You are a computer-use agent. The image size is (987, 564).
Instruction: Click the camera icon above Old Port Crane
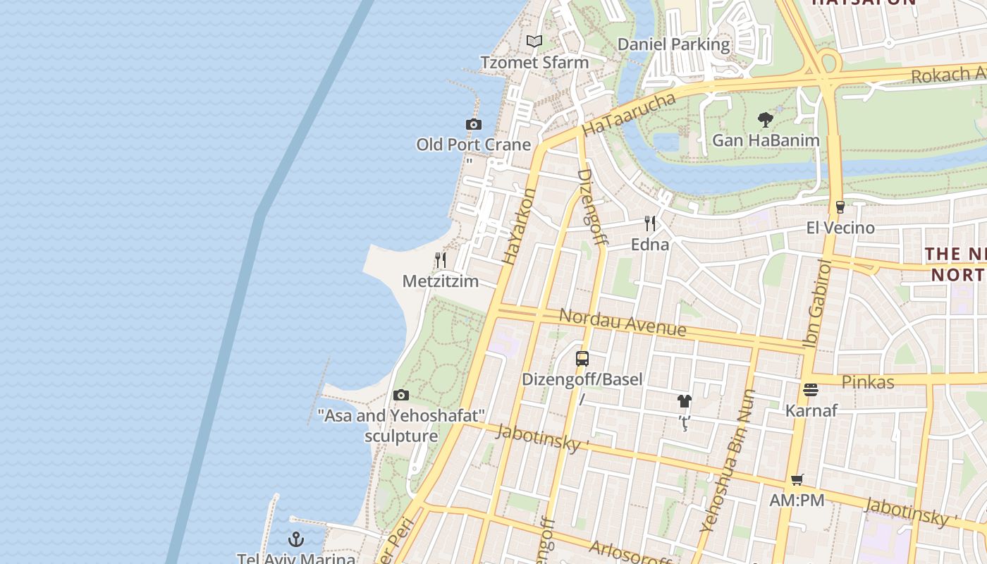(474, 125)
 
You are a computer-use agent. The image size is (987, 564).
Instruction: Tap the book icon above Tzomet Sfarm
(534, 42)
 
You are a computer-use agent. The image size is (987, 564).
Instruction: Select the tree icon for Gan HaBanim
(766, 120)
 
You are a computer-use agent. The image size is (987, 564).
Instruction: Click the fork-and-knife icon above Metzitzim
(441, 260)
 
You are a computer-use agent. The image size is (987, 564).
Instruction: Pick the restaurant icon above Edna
(650, 223)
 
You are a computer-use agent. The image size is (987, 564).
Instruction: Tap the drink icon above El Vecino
(840, 207)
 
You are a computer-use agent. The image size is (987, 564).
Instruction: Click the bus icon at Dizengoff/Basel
(582, 358)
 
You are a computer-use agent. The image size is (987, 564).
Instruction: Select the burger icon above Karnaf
(811, 390)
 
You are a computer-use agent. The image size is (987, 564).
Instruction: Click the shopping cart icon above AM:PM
(797, 480)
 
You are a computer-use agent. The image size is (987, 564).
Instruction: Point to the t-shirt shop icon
(684, 402)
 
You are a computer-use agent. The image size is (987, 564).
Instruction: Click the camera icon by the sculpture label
(401, 395)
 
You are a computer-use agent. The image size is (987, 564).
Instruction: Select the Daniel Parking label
(673, 44)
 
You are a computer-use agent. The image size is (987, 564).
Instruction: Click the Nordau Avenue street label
(623, 321)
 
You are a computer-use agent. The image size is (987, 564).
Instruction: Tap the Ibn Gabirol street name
(817, 304)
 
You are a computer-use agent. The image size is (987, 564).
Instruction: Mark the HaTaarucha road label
(630, 114)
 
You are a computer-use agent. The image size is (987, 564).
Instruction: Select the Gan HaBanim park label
(766, 140)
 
